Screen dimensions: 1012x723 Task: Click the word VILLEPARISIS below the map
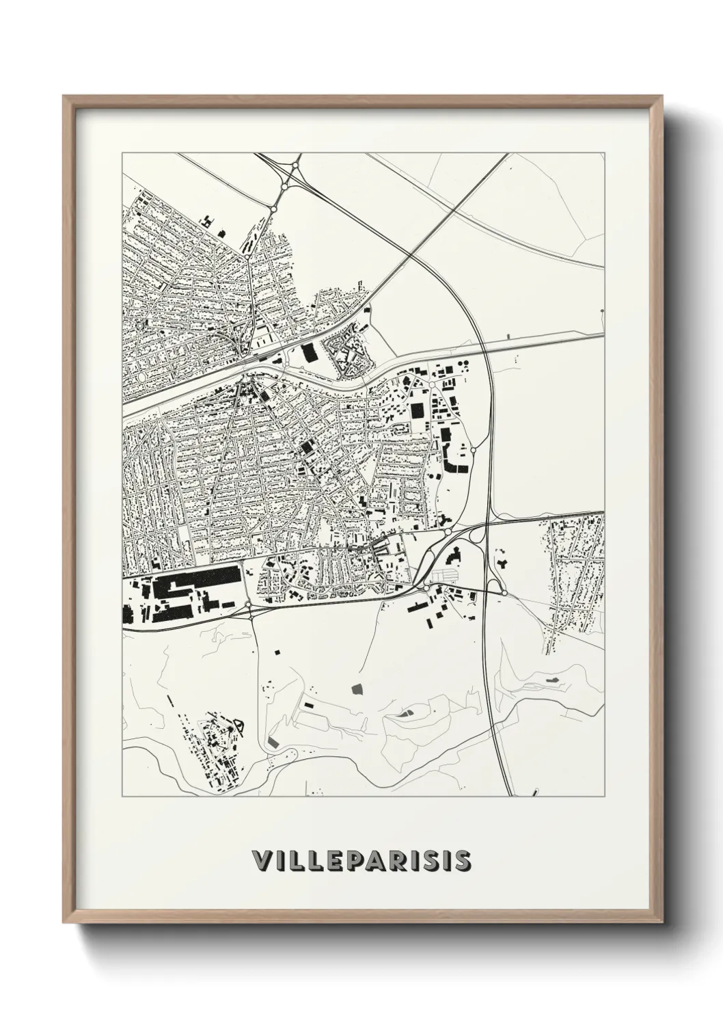[x=361, y=861]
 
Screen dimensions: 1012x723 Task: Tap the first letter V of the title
[x=261, y=861]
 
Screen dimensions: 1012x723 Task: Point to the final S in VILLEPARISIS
[x=463, y=861]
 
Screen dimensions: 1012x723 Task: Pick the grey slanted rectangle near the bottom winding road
[x=273, y=743]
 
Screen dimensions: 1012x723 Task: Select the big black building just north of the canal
[x=306, y=354]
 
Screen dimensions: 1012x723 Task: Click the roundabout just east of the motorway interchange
[x=504, y=593]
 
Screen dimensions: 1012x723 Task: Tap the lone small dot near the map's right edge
[x=602, y=311]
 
